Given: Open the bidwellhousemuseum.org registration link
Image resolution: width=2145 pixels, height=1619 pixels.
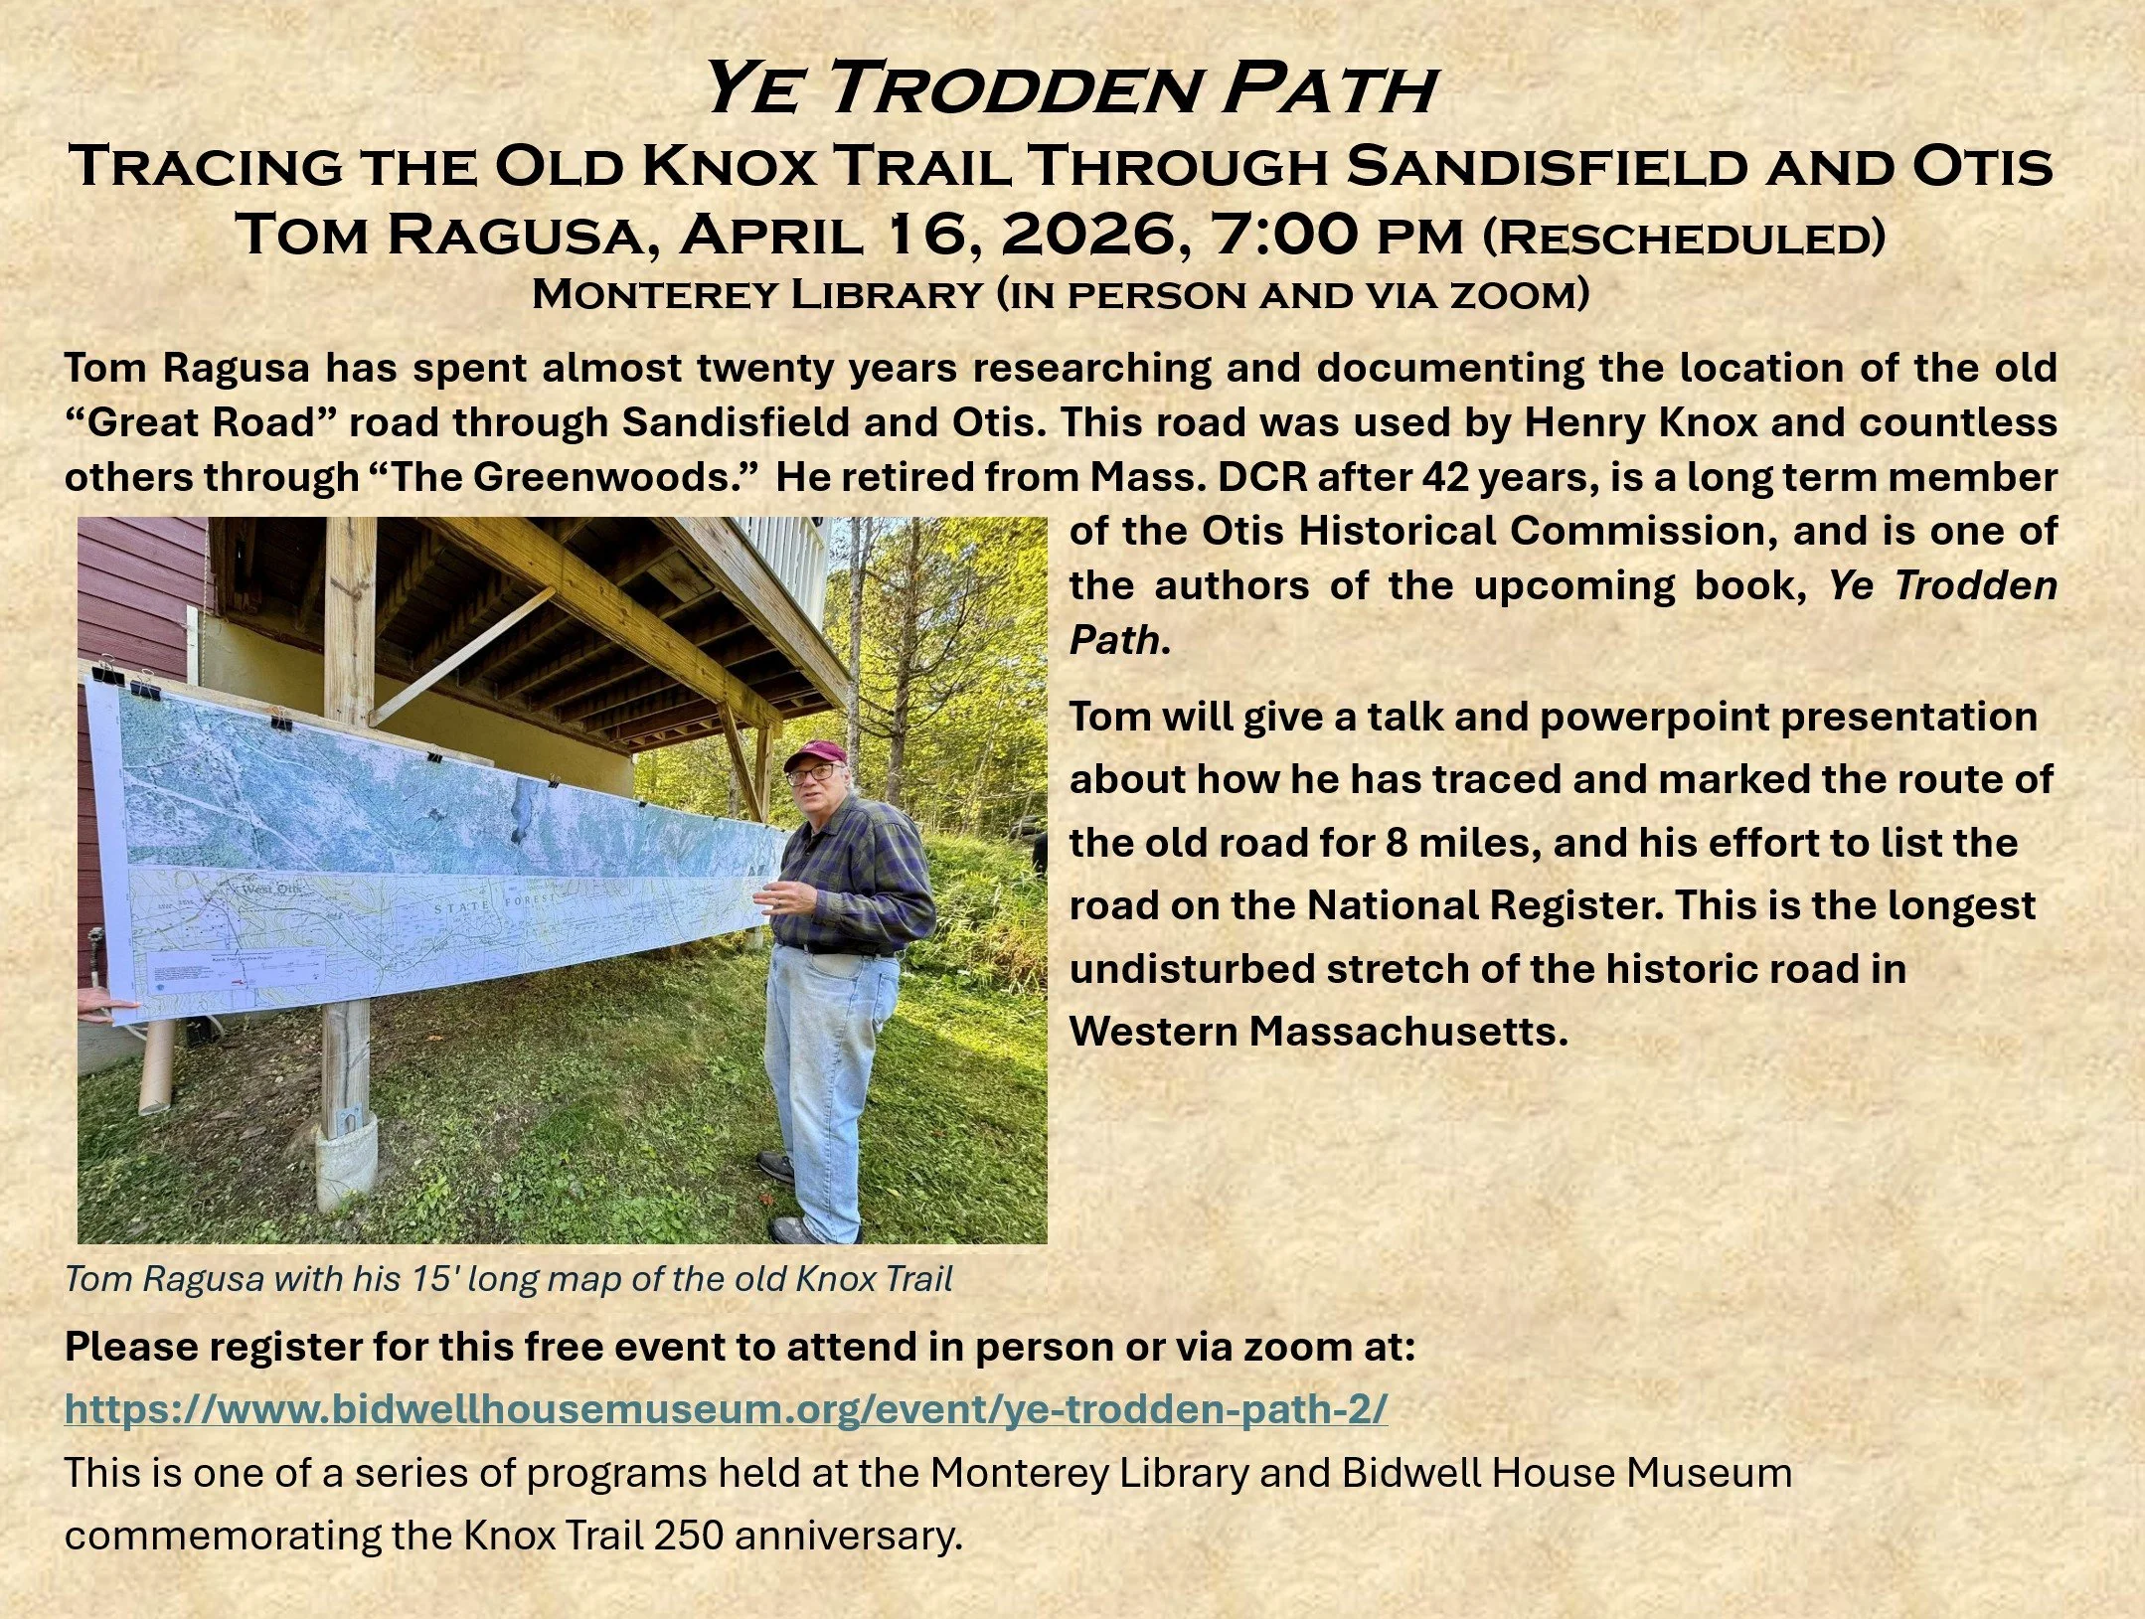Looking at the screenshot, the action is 726,1409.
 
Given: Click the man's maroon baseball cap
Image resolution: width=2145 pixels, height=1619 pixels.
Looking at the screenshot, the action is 815,757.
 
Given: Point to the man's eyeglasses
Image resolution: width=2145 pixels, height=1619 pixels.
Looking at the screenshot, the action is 812,773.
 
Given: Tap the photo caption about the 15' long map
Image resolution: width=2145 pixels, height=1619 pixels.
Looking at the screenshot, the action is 509,1278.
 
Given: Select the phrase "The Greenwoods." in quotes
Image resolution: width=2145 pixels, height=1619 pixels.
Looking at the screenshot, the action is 564,477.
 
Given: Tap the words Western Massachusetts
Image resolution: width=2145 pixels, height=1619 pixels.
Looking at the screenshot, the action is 1318,1031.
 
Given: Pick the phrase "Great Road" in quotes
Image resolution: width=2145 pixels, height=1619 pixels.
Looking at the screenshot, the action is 202,422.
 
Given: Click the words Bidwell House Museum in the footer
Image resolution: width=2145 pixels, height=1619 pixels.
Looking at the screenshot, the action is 1567,1472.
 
